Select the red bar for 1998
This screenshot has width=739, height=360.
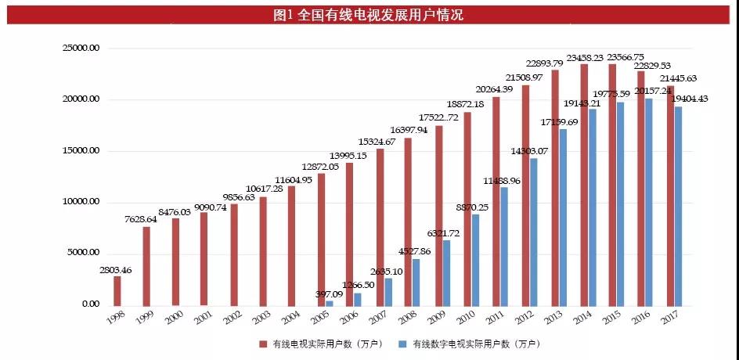coord(117,290)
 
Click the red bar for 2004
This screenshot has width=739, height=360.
coord(292,246)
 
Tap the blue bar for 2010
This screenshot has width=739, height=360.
coord(475,259)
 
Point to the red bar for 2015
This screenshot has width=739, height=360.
coord(611,185)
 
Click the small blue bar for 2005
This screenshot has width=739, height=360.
coord(330,303)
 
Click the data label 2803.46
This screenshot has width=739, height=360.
coord(116,270)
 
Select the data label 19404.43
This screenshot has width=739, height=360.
coord(692,98)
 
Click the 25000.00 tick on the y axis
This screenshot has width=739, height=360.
coord(82,49)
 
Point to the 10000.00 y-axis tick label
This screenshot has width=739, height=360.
coord(82,202)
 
